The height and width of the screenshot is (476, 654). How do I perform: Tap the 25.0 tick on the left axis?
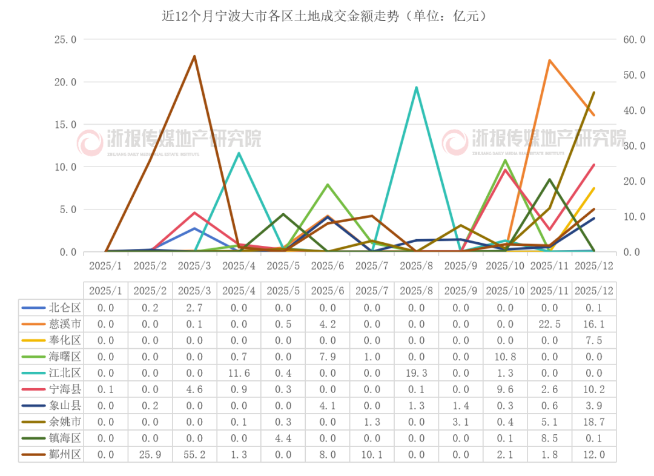[x=65, y=39]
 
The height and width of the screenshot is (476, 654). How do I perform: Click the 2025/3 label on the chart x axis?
[x=194, y=266]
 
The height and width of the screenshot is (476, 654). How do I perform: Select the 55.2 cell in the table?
[x=194, y=454]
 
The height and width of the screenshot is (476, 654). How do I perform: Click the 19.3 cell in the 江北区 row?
[x=417, y=372]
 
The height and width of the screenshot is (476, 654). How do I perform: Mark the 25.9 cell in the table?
[x=150, y=454]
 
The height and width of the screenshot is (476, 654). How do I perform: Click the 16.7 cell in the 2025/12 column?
[x=594, y=421]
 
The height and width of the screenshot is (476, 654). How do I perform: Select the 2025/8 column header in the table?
[x=417, y=291]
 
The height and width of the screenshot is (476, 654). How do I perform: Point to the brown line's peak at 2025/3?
[x=194, y=56]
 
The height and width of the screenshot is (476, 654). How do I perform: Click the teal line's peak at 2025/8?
[x=417, y=87]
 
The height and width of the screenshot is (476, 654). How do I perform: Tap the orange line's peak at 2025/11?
[x=550, y=59]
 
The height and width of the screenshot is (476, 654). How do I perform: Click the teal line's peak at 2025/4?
[x=239, y=153]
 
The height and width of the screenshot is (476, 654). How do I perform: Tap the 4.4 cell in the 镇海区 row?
[x=283, y=438]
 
